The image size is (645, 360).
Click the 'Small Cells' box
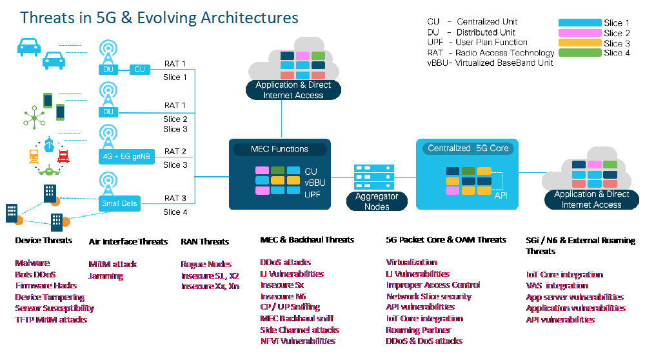(x=119, y=203)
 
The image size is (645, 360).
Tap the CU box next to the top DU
(x=139, y=69)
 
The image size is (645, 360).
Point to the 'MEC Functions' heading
(x=279, y=149)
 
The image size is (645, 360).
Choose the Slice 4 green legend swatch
(x=579, y=53)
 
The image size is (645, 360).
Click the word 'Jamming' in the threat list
(x=106, y=276)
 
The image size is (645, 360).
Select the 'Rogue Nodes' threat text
(x=203, y=264)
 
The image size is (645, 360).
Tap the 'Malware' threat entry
(x=32, y=263)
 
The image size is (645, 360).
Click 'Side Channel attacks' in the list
(x=300, y=330)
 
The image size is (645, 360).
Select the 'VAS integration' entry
(x=557, y=285)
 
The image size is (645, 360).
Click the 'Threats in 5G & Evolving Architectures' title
(x=159, y=17)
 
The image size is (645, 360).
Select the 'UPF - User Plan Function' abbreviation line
(x=477, y=43)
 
